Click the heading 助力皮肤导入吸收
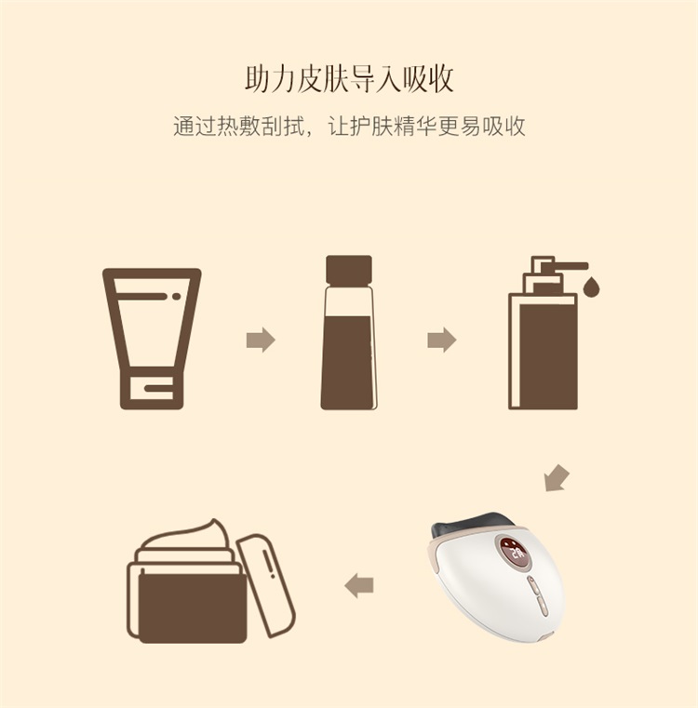coord(349,79)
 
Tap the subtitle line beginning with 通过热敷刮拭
coord(349,126)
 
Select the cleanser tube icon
coord(152,339)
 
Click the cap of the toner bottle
coord(349,271)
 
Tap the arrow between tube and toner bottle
coord(261,340)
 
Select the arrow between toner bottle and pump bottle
coord(442,340)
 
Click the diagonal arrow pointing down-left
coord(557,477)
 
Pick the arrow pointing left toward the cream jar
coord(358,585)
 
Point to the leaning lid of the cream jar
coord(266,585)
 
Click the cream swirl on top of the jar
coord(186,540)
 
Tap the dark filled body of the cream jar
coord(193,608)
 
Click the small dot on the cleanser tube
coord(176,297)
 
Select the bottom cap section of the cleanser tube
coord(152,387)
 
